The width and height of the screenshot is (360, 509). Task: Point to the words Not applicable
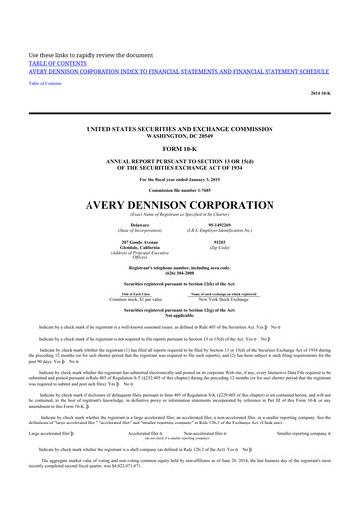(179, 320)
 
